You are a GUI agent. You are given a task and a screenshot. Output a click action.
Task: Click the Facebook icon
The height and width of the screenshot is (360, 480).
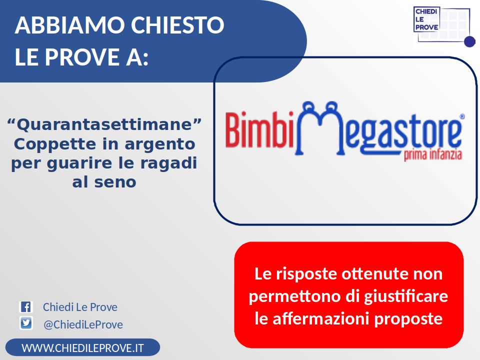pyautogui.click(x=26, y=306)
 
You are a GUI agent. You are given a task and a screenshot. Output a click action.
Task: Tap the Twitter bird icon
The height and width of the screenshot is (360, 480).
pyautogui.click(x=26, y=323)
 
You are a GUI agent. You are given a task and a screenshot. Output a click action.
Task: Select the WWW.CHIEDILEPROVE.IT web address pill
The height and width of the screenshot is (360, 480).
pyautogui.click(x=82, y=347)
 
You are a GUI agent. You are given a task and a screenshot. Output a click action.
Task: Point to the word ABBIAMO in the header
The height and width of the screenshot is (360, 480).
pyautogui.click(x=70, y=25)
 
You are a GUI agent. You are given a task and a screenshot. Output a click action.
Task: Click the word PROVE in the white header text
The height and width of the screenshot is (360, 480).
pyautogui.click(x=82, y=57)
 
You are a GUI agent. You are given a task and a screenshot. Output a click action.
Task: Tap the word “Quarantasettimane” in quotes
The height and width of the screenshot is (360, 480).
pyautogui.click(x=104, y=124)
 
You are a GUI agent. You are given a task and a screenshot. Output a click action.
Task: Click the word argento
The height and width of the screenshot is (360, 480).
pyautogui.click(x=160, y=144)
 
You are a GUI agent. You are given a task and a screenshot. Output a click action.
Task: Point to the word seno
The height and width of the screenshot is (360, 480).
pyautogui.click(x=115, y=182)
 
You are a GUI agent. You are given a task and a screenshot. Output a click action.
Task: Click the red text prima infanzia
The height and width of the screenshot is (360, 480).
pyautogui.click(x=433, y=154)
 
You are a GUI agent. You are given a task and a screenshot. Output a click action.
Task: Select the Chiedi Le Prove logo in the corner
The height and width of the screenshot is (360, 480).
pyautogui.click(x=444, y=27)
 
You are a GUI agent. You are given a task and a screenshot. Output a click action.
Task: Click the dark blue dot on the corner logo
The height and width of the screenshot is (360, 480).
pyautogui.click(x=469, y=41)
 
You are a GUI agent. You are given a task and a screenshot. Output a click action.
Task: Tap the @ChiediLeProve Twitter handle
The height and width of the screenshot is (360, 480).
pyautogui.click(x=83, y=324)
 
